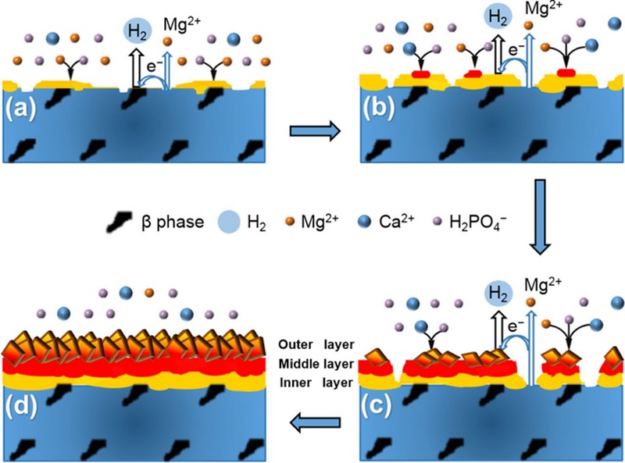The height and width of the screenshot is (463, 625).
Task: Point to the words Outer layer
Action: click(x=316, y=344)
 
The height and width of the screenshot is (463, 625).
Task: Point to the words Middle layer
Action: click(x=316, y=363)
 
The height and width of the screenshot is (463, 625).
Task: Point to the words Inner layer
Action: click(x=316, y=383)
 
